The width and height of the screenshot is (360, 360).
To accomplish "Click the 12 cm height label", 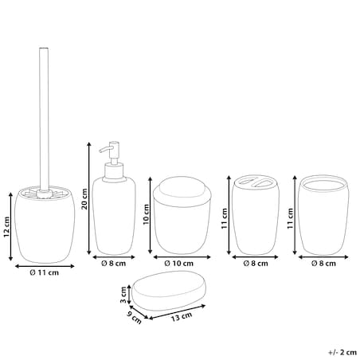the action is point(6,227).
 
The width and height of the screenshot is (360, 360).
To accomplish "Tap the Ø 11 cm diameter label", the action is point(45,272).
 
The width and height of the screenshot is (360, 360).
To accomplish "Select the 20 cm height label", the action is point(84,199).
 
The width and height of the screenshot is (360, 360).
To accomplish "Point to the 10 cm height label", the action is point(147,214).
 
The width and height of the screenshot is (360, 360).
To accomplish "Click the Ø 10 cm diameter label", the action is point(178,264).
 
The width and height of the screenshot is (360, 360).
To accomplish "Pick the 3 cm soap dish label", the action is point(123,295).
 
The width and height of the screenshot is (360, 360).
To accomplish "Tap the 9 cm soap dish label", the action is point(135,318).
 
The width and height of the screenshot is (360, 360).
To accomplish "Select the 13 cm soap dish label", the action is point(182,317).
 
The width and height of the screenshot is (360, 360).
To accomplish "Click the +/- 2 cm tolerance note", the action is point(342,353).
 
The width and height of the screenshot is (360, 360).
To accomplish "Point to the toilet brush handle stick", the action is point(44,119).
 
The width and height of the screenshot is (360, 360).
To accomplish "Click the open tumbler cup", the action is point(323,215).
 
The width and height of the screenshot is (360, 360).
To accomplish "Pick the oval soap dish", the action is point(169,291).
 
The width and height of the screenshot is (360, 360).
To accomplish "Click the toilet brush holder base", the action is point(45,225).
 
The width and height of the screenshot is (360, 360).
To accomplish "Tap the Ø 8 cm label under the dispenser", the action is point(113,264).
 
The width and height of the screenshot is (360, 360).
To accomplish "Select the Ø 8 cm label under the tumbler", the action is point(323,264).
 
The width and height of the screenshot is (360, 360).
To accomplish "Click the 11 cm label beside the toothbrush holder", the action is point(225,218).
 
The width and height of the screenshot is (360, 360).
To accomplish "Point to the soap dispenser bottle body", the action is point(114,217).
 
